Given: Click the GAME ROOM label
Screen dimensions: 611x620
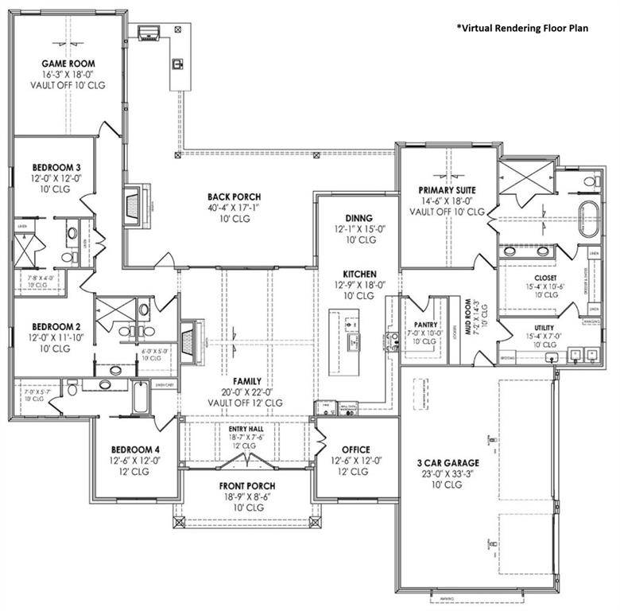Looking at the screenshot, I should [x=68, y=64].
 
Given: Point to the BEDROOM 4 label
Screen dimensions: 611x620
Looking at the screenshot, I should [x=134, y=449].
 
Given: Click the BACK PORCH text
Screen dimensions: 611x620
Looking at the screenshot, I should [x=234, y=197].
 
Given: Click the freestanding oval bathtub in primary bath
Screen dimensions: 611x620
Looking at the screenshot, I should [x=589, y=220].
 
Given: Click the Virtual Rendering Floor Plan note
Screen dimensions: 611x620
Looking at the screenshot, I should [x=522, y=29].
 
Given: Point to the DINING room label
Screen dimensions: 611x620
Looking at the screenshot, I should [x=358, y=217].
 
